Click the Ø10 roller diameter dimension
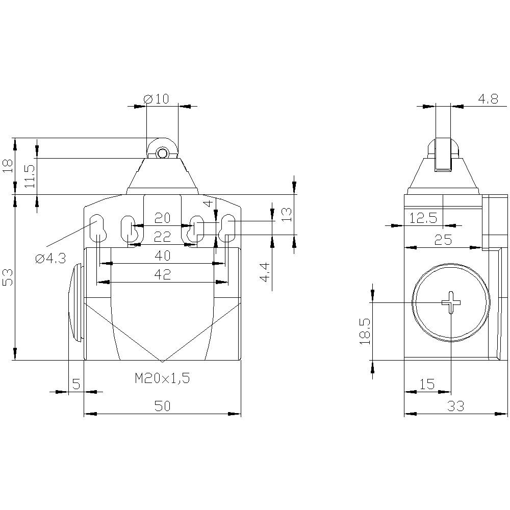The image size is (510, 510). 157,98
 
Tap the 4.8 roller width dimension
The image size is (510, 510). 488,98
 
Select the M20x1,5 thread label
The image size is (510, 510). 162,378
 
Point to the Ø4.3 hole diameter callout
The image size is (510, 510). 50,259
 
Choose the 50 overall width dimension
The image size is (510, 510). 162,405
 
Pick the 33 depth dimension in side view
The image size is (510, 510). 455,405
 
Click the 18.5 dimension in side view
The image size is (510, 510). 365,331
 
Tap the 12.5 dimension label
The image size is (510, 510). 423,218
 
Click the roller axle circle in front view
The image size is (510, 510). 162,153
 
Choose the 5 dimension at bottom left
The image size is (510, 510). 76,384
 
